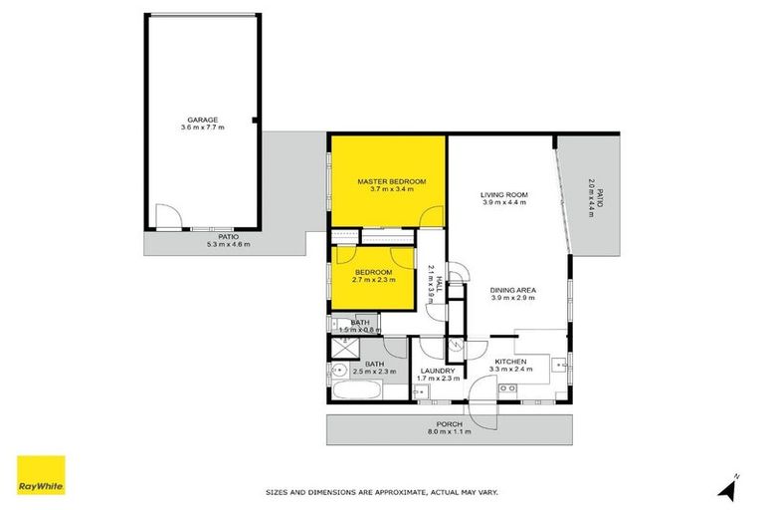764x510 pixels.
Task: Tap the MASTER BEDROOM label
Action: (391, 180)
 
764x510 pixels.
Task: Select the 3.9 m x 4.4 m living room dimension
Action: (503, 202)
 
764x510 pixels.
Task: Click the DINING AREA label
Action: (512, 290)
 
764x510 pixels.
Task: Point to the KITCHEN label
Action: (511, 361)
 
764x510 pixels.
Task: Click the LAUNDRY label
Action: (437, 371)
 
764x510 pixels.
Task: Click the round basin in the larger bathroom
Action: (335, 371)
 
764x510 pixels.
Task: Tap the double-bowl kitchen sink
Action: (508, 386)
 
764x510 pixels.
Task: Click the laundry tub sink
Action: (422, 392)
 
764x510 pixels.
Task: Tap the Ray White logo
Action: (41, 476)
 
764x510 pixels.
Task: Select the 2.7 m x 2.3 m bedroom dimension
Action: (371, 280)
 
